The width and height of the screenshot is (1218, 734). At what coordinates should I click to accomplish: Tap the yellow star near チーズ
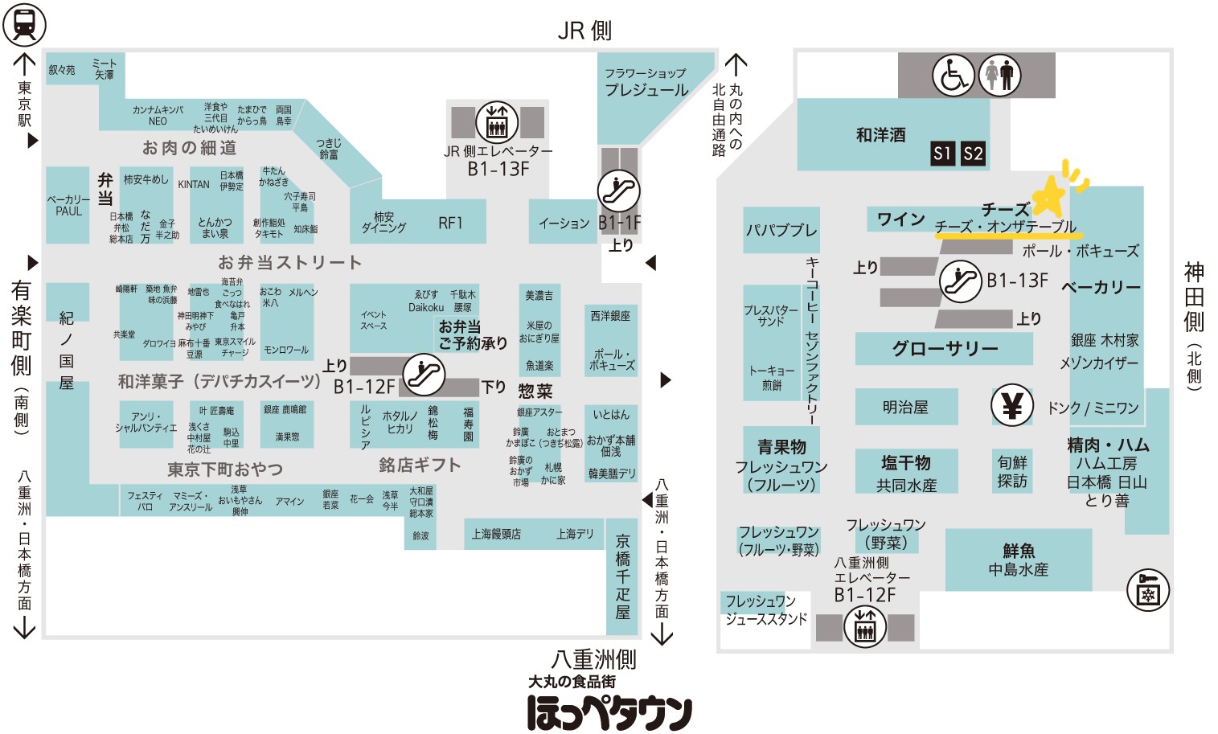[1048, 195]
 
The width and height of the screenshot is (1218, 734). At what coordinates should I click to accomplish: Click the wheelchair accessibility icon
[953, 76]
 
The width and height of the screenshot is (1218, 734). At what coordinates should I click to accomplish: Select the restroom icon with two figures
[999, 76]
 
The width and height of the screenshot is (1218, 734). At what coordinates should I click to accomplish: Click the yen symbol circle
[1011, 406]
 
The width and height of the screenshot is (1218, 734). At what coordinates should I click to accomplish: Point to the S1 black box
[942, 154]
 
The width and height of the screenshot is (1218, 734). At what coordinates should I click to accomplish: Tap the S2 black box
[973, 154]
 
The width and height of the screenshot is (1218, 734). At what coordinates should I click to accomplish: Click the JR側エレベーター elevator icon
[497, 123]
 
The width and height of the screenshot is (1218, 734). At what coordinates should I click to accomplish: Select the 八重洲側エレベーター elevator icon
[865, 627]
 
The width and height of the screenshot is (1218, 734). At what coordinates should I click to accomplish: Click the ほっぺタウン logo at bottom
[609, 711]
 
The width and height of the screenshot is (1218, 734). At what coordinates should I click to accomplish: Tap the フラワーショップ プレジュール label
[646, 82]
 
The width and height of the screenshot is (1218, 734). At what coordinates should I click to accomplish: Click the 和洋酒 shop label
[880, 135]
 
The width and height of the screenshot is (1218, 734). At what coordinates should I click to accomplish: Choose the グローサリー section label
[945, 349]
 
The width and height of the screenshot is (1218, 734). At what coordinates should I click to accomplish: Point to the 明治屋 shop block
[905, 408]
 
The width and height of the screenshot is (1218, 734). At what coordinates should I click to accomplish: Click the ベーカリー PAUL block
[68, 205]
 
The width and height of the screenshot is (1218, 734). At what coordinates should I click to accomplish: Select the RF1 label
[450, 223]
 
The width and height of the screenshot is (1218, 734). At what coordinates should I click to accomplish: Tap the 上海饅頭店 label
[496, 534]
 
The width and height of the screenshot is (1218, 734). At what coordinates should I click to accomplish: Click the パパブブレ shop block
[781, 230]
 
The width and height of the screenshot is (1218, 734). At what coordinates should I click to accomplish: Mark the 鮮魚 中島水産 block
[1019, 560]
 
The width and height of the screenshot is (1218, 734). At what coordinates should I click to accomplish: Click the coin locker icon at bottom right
[1147, 591]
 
